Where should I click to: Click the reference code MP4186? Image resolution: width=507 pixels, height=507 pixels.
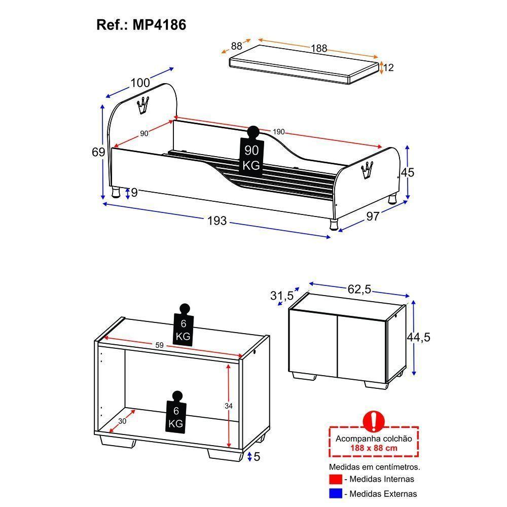160,25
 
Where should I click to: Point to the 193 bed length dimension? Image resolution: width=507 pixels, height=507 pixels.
217,221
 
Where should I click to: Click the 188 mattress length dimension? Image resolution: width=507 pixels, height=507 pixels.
319,49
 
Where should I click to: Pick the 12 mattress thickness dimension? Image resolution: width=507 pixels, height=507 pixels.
389,67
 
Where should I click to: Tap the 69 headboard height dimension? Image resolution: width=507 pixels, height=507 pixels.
99,152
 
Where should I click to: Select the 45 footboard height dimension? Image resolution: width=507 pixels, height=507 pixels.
408,172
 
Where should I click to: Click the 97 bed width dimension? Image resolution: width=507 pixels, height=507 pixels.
373,216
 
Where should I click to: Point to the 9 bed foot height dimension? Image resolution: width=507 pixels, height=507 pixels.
134,193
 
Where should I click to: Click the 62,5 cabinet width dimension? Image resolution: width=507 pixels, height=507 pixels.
359,289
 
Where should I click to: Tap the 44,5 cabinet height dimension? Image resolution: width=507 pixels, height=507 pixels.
419,337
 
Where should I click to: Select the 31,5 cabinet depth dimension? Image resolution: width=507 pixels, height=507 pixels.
281,295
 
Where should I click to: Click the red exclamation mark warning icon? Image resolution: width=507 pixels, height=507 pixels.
374,420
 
